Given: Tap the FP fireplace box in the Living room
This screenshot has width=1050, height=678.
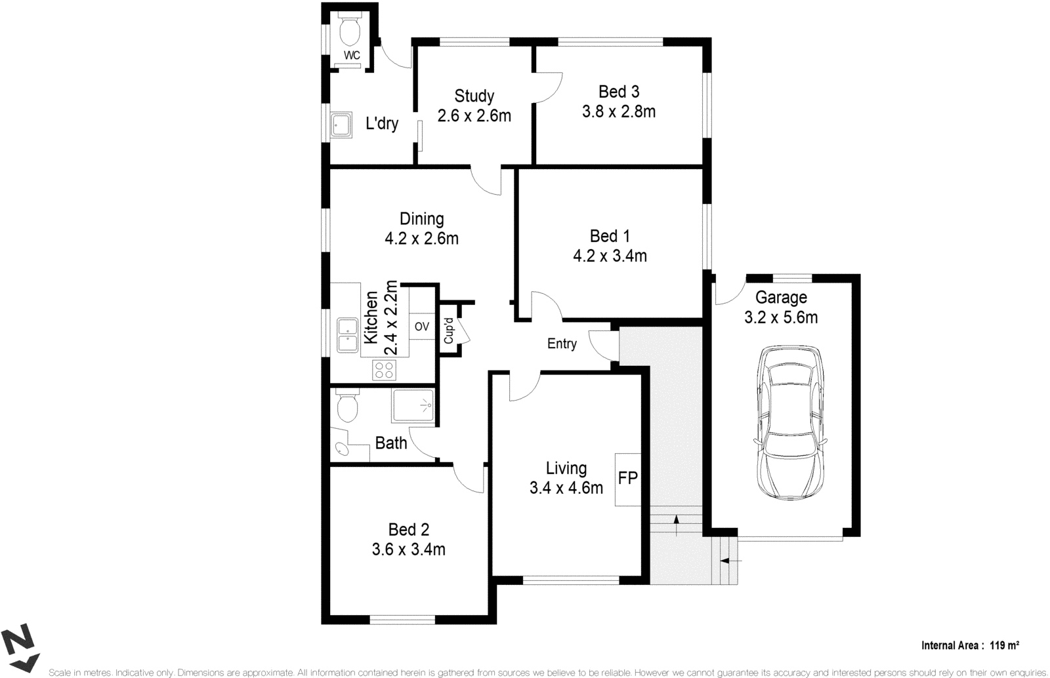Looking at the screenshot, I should tap(628, 479).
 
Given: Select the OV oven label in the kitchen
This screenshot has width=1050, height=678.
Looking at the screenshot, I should tap(422, 327).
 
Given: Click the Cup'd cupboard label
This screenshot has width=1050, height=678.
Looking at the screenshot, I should tap(450, 331).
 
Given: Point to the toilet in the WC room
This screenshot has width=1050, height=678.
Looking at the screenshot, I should tap(350, 30).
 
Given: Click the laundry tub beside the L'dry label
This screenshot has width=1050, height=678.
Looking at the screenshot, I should tap(341, 123).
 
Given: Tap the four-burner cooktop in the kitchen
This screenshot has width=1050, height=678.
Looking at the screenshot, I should tap(384, 370).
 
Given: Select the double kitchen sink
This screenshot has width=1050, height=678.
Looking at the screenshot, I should tap(346, 334).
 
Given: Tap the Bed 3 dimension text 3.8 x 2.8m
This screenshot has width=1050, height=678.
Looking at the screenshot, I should tap(618, 112).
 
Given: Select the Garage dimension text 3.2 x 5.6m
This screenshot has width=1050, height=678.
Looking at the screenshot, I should tap(780, 318).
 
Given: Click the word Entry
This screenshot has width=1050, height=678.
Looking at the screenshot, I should tap(562, 344).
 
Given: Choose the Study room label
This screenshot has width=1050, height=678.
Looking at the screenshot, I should tap(474, 96).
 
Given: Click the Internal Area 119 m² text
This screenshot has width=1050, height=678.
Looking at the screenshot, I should tap(970, 645).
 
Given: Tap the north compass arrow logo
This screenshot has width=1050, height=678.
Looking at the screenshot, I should tap(20, 649).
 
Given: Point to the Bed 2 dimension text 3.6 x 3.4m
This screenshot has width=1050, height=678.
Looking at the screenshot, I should tap(408, 549).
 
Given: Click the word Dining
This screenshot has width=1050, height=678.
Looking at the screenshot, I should tap(421, 219).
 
